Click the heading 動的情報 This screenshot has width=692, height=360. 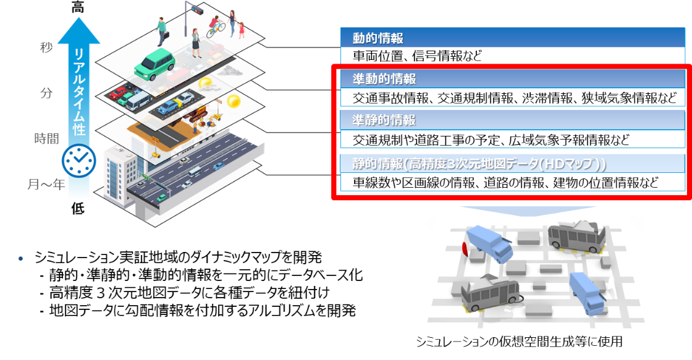(378, 38)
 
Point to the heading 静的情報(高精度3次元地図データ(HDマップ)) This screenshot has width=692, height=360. (479, 164)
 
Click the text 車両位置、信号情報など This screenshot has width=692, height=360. (417, 56)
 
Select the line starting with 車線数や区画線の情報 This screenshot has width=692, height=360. (505, 182)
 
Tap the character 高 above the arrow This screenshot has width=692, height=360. (78, 8)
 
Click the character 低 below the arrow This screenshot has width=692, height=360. (78, 208)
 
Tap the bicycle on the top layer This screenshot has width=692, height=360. (215, 28)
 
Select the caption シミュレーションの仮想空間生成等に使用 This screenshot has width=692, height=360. (519, 341)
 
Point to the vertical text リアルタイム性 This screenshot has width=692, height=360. (78, 93)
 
